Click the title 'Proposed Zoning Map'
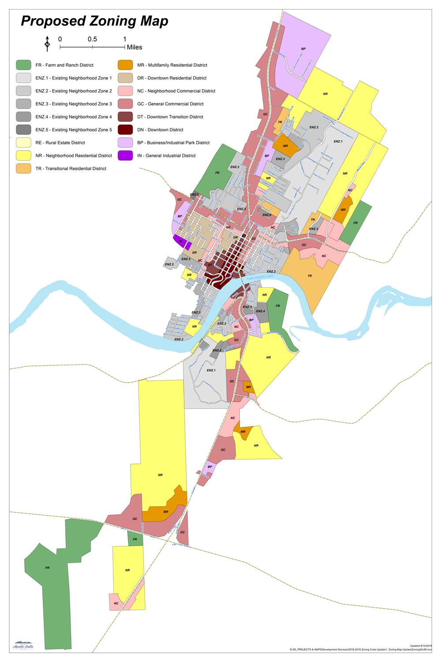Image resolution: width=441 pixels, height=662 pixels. pos(94,21)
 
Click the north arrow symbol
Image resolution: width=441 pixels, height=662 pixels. pos(47,44)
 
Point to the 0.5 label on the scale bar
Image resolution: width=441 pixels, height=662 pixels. pos(92,39)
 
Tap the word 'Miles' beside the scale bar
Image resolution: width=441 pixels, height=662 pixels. pos(135,47)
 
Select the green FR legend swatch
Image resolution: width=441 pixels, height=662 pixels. pos(23,65)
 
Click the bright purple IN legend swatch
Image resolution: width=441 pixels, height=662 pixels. pos(125,155)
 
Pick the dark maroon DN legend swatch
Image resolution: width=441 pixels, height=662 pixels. pos(125,130)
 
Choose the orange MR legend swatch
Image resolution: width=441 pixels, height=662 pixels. pos(125,65)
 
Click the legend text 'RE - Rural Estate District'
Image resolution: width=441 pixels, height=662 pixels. pos(60,143)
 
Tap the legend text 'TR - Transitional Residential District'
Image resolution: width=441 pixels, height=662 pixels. pos(71,169)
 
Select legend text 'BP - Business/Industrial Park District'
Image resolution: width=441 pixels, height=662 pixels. pos(173,143)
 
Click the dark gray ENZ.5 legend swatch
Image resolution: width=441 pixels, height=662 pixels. pos(23,130)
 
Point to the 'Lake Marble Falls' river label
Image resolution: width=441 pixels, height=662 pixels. pos(260,277)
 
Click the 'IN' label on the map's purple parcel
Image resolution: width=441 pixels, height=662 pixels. pos(180,241)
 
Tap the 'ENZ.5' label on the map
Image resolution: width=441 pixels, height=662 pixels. pos(194,195)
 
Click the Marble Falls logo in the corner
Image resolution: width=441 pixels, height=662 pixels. pos(23,646)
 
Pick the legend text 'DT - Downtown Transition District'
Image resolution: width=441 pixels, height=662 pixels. pos(170,117)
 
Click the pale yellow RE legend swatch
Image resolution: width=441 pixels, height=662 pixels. pos(23,143)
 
